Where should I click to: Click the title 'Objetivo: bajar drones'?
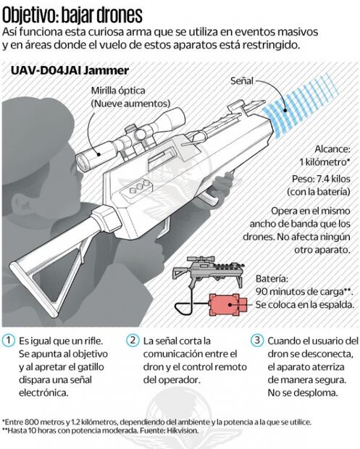(x=72, y=15)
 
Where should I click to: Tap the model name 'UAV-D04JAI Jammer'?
(x=70, y=70)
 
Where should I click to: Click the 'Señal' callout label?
(x=242, y=81)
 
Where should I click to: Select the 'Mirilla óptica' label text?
(x=118, y=91)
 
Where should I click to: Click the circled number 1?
(x=9, y=340)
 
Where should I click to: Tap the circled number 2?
(x=133, y=340)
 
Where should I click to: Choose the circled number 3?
(x=257, y=340)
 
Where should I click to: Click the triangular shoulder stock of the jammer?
(x=49, y=275)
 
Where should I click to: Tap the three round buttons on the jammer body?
(x=140, y=187)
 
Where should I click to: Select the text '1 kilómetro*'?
(x=325, y=162)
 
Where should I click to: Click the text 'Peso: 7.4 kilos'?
(x=321, y=179)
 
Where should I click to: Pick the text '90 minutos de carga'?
(x=299, y=292)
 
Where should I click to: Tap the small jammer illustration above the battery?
(x=209, y=271)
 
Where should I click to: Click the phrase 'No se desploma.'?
(x=303, y=393)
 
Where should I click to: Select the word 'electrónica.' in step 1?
(x=43, y=393)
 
